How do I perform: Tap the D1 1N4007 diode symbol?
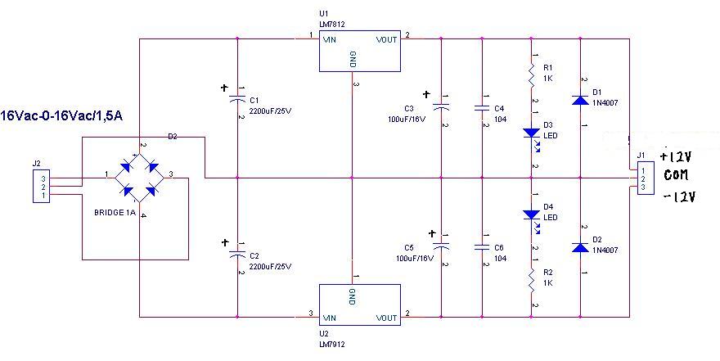(x=580, y=100)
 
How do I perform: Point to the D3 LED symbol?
(x=532, y=133)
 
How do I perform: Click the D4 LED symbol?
(x=532, y=214)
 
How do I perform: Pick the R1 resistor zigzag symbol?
(x=532, y=74)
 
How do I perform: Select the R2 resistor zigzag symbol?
(x=532, y=279)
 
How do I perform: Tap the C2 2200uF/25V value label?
(x=270, y=266)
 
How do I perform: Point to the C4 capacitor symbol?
(x=482, y=109)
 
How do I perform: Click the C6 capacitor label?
(x=499, y=248)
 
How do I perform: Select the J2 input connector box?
(x=42, y=186)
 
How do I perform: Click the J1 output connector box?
(x=646, y=178)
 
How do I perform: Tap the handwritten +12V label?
(x=676, y=156)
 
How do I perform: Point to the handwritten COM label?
(x=676, y=175)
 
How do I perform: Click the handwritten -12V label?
(x=680, y=196)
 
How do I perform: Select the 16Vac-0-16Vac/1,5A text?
(x=61, y=115)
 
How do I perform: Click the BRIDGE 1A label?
(x=115, y=213)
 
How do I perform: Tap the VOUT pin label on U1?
(x=386, y=40)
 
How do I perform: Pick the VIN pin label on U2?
(x=330, y=318)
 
